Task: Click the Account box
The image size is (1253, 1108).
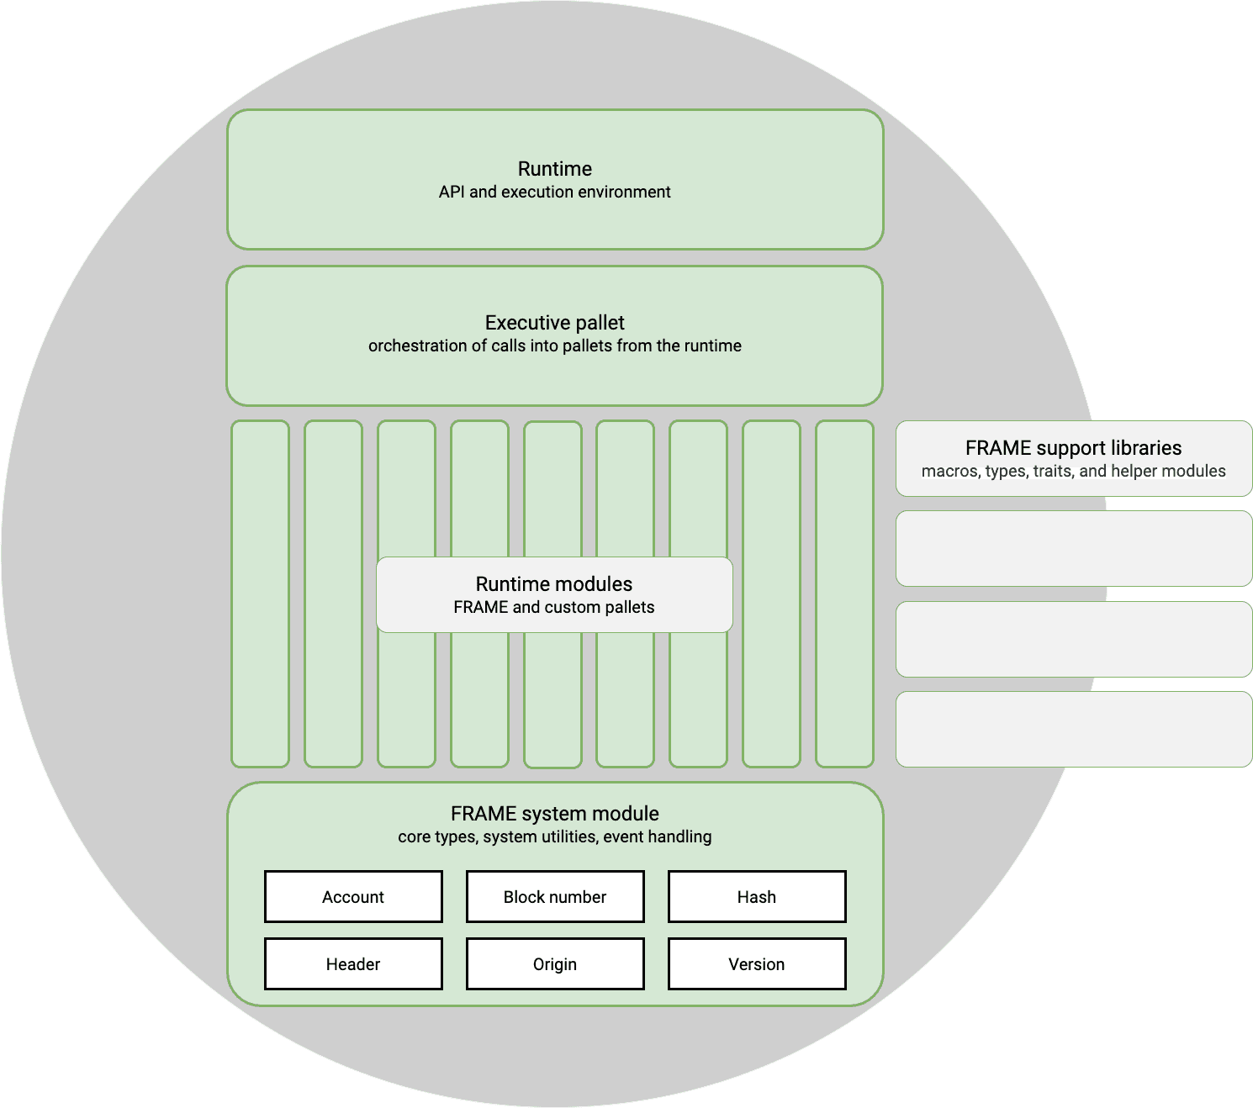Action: coord(353,896)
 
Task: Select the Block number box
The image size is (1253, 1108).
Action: coord(555,896)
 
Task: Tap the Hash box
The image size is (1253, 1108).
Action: coord(757,896)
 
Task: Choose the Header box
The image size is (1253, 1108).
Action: coord(353,963)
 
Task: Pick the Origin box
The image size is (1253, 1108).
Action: coord(555,963)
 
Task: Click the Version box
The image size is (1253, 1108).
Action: coord(757,963)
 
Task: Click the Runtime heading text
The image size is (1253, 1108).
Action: coord(555,168)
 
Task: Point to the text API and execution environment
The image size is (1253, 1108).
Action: coord(555,192)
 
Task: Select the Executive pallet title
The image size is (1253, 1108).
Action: coord(555,323)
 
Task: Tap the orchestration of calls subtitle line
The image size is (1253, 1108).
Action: coord(555,346)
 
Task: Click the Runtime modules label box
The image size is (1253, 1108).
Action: coord(554,594)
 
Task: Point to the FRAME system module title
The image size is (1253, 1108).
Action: coord(555,814)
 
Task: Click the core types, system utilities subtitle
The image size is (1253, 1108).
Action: coord(555,836)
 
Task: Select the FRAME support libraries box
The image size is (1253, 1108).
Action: coord(1074,458)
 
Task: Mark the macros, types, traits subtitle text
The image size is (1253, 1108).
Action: coord(1074,471)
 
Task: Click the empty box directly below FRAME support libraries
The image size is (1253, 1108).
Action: coord(1074,548)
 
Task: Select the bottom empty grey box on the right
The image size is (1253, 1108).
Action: coord(1074,729)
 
